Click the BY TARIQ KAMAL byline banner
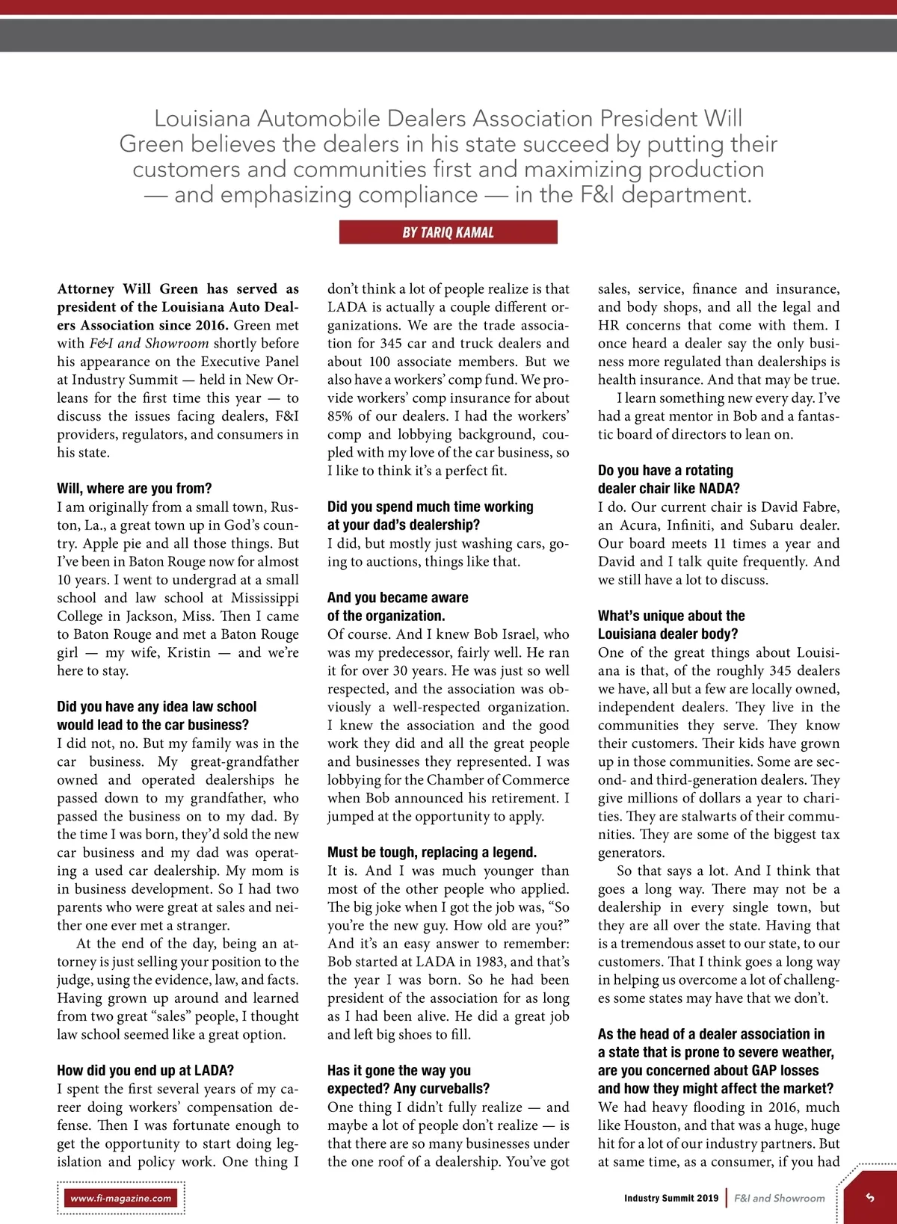(448, 232)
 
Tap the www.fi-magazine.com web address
(121, 1198)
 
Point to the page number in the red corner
(869, 1196)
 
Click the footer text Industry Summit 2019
(671, 1198)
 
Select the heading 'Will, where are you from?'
(135, 489)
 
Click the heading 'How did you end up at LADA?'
(145, 1070)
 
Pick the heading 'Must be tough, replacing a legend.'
(432, 852)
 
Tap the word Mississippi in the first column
(265, 598)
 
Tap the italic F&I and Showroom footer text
(779, 1198)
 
